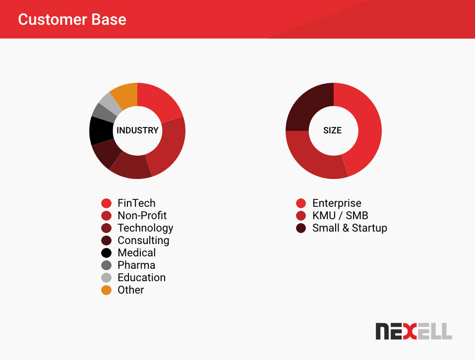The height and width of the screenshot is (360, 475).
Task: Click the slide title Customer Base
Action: pos(72,19)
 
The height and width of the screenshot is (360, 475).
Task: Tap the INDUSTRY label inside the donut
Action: pos(137,130)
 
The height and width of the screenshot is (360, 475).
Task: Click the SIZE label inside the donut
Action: pos(332,130)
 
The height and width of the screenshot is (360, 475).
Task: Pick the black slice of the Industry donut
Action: pos(101,130)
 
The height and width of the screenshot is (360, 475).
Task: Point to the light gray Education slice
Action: pos(111,103)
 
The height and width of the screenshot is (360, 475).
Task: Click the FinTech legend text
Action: pos(136,203)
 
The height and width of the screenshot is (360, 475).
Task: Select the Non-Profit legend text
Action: pos(142,216)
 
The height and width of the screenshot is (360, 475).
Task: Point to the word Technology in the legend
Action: pos(145,228)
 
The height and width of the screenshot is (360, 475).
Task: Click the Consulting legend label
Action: pos(143,240)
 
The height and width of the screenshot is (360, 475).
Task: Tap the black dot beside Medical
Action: pos(106,253)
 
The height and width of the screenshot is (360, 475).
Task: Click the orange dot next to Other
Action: pos(106,290)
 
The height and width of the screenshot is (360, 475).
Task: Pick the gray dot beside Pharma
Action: pos(106,265)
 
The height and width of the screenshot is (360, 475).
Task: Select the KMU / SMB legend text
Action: pos(340,216)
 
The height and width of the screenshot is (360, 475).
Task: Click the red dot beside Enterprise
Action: pos(301,203)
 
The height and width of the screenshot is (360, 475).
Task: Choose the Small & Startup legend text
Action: pos(350,228)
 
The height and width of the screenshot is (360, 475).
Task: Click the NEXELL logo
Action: pos(414,331)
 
